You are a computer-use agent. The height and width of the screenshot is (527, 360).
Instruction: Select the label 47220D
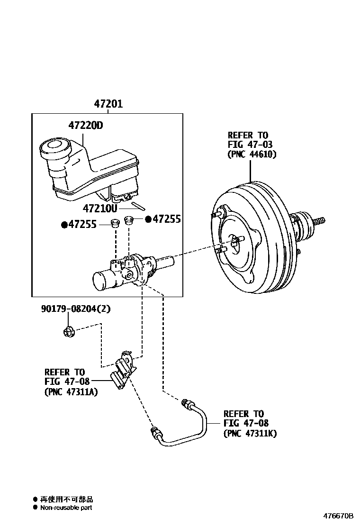point(85,126)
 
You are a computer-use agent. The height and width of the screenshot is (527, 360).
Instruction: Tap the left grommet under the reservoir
point(114,223)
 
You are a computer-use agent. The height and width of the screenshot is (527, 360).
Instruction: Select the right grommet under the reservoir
point(129,219)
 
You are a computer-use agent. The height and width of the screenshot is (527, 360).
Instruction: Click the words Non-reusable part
point(66,508)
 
